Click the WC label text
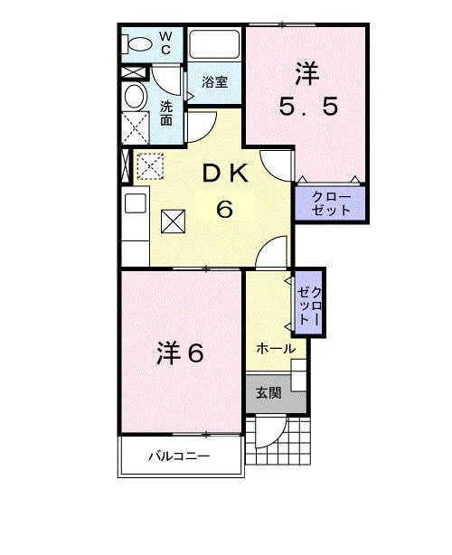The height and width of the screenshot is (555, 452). pyautogui.click(x=165, y=42)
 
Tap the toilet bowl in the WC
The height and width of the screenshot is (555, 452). pyautogui.click(x=137, y=45)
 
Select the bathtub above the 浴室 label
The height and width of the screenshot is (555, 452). pyautogui.click(x=214, y=44)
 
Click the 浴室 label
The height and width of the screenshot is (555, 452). pyautogui.click(x=214, y=82)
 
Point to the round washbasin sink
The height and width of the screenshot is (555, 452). pyautogui.click(x=136, y=97)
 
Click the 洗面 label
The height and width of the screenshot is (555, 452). pyautogui.click(x=166, y=113)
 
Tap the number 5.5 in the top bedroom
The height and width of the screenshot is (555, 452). pyautogui.click(x=307, y=107)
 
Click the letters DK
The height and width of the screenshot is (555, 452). pyautogui.click(x=225, y=174)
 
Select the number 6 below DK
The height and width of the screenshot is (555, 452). pyautogui.click(x=224, y=209)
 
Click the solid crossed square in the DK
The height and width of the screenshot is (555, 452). pyautogui.click(x=173, y=221)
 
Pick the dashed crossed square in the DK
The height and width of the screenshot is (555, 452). pyautogui.click(x=150, y=166)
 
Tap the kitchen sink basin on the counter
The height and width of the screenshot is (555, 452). pyautogui.click(x=136, y=203)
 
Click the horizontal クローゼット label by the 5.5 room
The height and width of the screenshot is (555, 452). pyautogui.click(x=331, y=204)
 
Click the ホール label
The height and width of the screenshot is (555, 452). pyautogui.click(x=276, y=349)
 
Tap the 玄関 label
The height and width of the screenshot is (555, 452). pyautogui.click(x=268, y=392)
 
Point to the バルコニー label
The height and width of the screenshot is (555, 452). pyautogui.click(x=179, y=456)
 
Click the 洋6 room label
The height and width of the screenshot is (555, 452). pyautogui.click(x=180, y=353)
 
